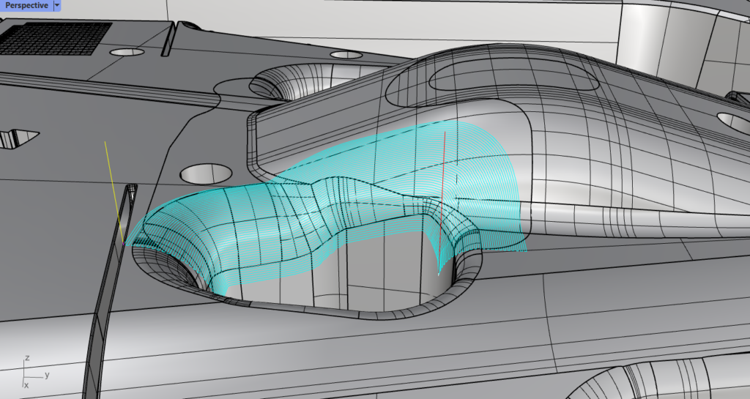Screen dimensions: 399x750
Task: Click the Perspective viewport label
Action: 26,6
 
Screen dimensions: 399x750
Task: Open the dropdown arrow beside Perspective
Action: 56,6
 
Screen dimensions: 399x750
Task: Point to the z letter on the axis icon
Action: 26,358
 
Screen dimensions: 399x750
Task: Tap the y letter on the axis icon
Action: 46,375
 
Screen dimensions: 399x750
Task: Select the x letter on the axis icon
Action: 26,384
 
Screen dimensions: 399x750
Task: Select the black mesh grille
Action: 56,37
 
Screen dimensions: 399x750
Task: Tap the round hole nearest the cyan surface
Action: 205,174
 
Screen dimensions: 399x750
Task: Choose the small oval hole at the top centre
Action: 346,54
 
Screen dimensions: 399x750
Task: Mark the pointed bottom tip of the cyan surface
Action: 439,272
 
